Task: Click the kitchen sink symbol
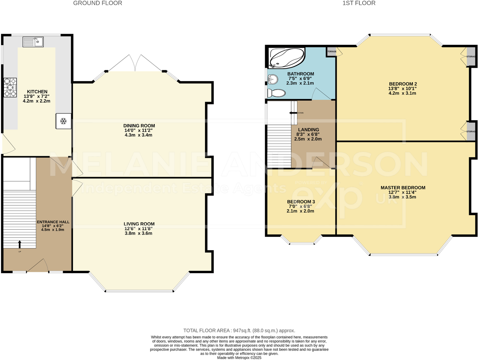tap(33, 42)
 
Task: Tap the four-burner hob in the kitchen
tap(10, 87)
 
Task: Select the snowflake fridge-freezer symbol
tap(63, 121)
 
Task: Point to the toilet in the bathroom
tap(276, 93)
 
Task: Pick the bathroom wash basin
tap(272, 79)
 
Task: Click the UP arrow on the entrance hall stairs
tap(19, 244)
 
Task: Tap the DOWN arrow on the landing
tap(293, 113)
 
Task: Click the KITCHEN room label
tap(37, 92)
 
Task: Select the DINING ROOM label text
tap(139, 126)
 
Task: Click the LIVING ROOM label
tap(139, 224)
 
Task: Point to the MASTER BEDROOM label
tap(403, 188)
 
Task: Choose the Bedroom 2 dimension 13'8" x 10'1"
tap(402, 88)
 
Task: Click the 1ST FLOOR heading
tap(359, 3)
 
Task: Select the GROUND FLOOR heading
tap(97, 3)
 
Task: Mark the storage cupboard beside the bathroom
tap(331, 51)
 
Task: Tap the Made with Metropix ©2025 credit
tap(239, 358)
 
